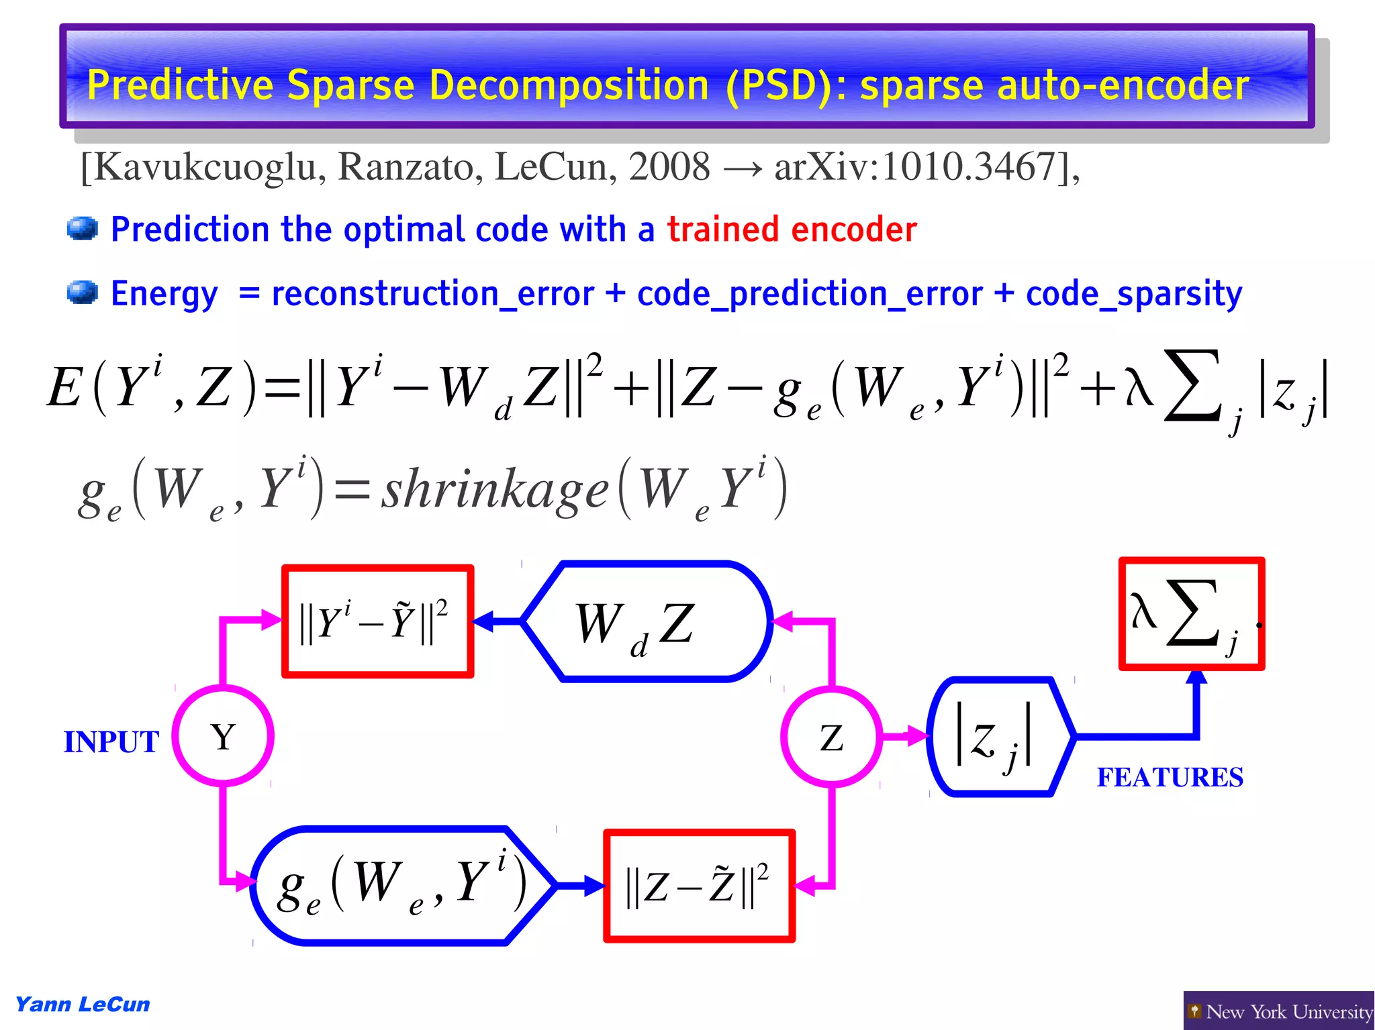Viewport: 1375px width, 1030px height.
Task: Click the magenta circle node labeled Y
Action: (223, 736)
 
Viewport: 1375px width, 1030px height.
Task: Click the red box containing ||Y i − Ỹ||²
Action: (377, 621)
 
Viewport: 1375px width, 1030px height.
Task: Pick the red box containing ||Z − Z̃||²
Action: (698, 886)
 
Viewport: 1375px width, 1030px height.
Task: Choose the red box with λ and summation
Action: (1191, 613)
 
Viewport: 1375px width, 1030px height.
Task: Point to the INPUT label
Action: (111, 742)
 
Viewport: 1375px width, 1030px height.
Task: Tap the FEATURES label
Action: (1170, 777)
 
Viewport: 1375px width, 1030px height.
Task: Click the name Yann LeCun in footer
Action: (82, 1005)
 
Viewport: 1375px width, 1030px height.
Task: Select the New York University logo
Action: (1278, 1011)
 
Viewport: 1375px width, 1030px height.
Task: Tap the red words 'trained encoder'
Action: (792, 229)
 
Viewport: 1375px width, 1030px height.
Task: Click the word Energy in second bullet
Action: (164, 294)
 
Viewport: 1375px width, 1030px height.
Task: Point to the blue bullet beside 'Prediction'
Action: (83, 229)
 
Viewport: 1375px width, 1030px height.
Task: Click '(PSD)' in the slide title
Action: (782, 85)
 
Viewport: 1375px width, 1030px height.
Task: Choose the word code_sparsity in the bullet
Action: (1133, 294)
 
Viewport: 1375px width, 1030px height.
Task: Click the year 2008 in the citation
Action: (669, 166)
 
